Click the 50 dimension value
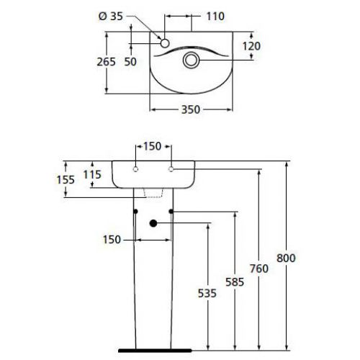[x=130, y=61]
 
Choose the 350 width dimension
[x=189, y=109]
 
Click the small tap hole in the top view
[x=164, y=44]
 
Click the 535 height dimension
[x=208, y=292]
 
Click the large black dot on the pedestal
[x=153, y=223]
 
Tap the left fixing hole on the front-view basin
[x=136, y=170]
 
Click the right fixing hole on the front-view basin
[x=171, y=170]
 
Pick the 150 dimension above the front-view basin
[x=153, y=146]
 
